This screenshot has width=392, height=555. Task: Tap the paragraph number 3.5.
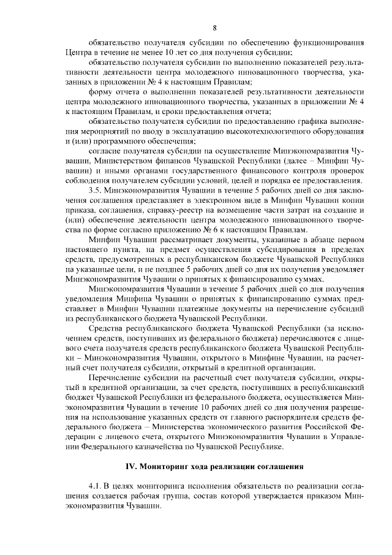click(x=96, y=189)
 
